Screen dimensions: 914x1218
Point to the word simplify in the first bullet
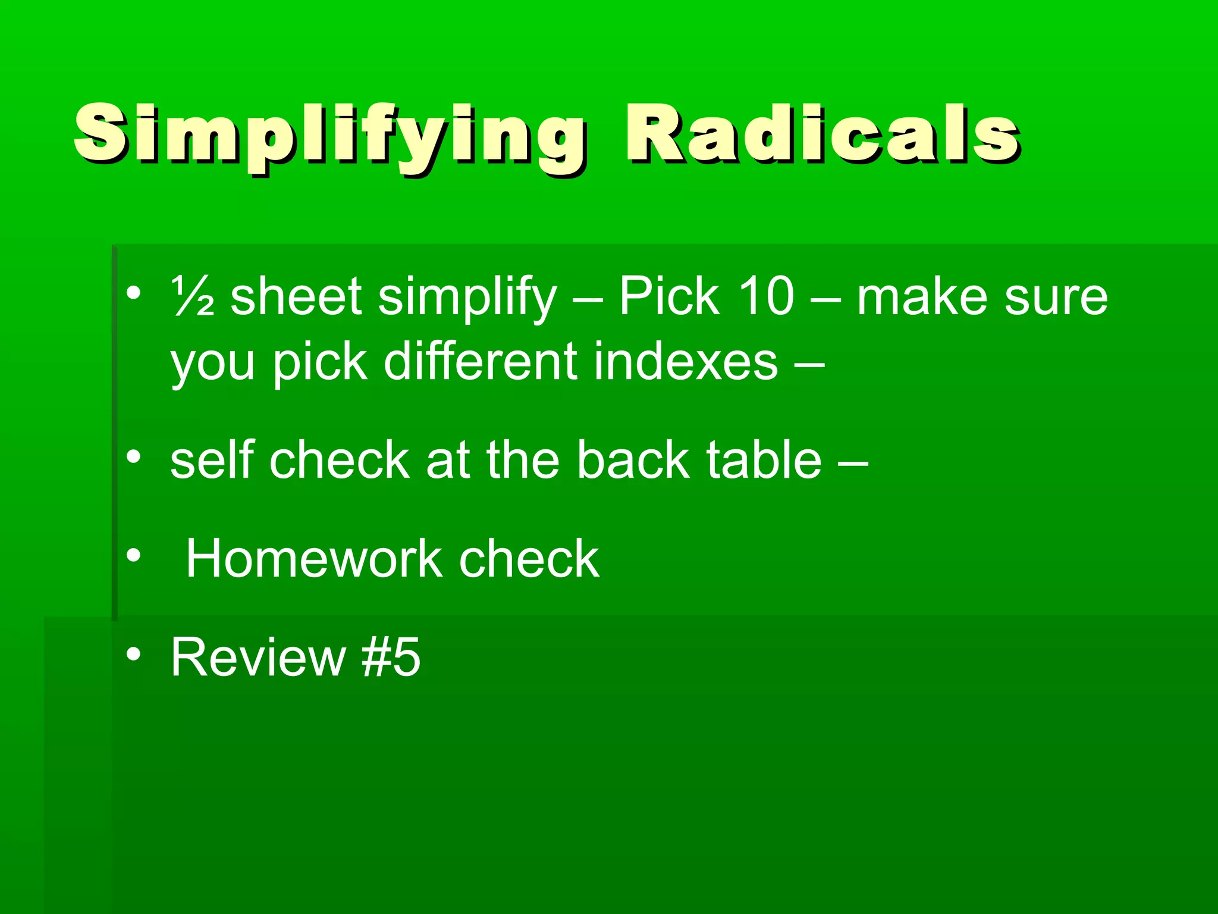pos(467,298)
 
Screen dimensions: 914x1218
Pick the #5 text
pos(391,657)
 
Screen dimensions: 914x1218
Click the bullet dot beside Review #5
pos(134,654)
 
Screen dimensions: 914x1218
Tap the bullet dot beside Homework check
pos(134,555)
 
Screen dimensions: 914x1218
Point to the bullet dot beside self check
pos(134,456)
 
